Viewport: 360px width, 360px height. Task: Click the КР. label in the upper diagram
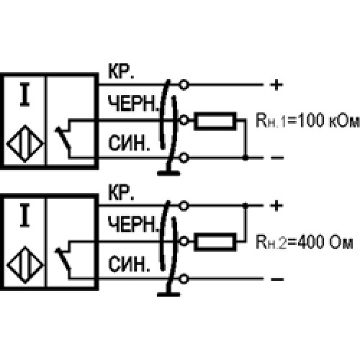click(121, 71)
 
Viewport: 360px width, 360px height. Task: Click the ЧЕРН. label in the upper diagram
click(133, 104)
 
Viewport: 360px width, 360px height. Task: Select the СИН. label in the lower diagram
click(129, 264)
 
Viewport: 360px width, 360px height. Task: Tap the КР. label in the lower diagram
click(121, 192)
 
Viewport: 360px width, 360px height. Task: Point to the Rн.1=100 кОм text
click(308, 120)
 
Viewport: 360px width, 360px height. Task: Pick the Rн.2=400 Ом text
click(305, 242)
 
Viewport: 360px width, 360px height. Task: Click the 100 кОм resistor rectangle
click(215, 121)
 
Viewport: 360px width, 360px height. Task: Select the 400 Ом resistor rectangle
click(215, 242)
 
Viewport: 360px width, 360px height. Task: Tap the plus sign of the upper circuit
click(276, 85)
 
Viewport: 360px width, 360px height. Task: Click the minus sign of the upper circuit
click(277, 158)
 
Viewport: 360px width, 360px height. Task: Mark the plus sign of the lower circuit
click(276, 206)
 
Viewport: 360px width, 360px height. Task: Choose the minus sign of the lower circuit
click(277, 279)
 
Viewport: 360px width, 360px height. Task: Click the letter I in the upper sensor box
click(24, 94)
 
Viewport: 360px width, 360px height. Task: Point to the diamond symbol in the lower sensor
click(25, 265)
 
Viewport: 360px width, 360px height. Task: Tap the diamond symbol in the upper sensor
click(25, 144)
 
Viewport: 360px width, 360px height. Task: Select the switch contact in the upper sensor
click(63, 138)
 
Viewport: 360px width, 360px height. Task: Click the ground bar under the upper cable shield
click(168, 173)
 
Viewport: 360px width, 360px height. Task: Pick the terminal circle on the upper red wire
click(184, 85)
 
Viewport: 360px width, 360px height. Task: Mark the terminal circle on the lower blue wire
click(184, 279)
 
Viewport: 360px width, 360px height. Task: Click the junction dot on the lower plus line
click(246, 206)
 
